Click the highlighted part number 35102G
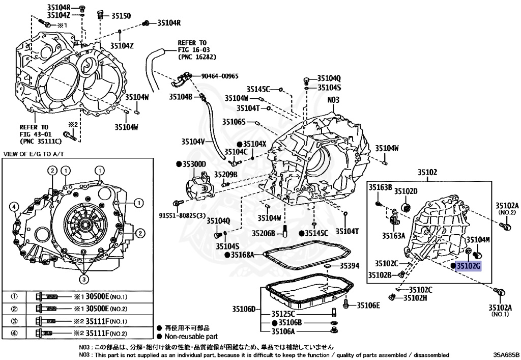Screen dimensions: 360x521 (468, 265)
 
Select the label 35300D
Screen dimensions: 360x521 (193, 164)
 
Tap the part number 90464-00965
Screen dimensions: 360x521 (219, 76)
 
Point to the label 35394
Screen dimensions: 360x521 (350, 265)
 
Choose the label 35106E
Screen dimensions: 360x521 (368, 305)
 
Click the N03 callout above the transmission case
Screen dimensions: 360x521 (333, 100)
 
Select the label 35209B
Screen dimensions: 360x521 (225, 174)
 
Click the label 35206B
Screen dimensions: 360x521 (264, 233)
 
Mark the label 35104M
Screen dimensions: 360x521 (478, 239)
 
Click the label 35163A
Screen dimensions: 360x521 (394, 235)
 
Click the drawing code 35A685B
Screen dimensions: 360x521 (505, 354)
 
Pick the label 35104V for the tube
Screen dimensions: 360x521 (193, 143)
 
